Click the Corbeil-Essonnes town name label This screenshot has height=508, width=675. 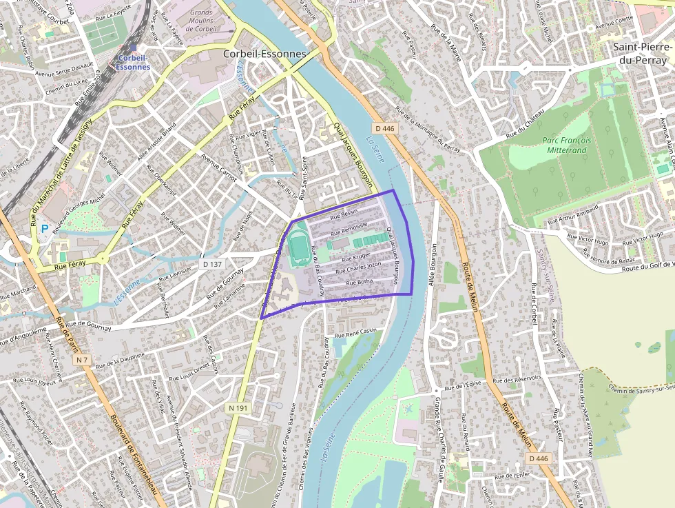pyautogui.click(x=265, y=53)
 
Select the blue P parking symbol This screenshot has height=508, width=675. pyautogui.click(x=44, y=228)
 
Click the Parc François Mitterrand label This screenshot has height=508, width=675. pyautogui.click(x=565, y=145)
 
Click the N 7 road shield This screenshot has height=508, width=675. pyautogui.click(x=83, y=360)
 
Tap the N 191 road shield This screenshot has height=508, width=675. pyautogui.click(x=236, y=408)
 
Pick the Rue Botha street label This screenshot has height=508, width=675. pyautogui.click(x=360, y=282)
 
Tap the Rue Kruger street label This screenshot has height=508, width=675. pyautogui.click(x=356, y=257)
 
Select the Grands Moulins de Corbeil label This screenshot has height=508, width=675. pyautogui.click(x=201, y=21)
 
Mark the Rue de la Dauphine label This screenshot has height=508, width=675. pyautogui.click(x=121, y=358)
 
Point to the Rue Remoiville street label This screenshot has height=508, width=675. pyautogui.click(x=349, y=227)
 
